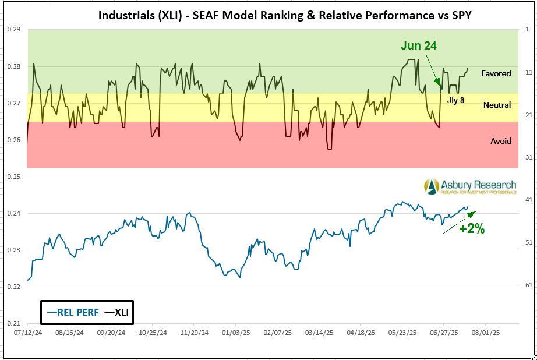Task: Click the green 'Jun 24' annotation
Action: (x=418, y=45)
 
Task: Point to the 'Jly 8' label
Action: (x=456, y=100)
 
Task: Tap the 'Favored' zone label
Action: (x=496, y=73)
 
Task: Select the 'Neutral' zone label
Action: (x=497, y=105)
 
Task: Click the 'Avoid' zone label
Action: (x=500, y=141)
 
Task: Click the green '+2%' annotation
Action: (x=472, y=229)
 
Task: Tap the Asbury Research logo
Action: (x=469, y=186)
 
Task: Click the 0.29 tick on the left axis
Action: (x=13, y=29)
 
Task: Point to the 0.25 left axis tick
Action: (x=13, y=177)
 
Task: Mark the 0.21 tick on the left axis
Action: (x=13, y=323)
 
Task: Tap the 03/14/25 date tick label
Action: (x=318, y=333)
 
